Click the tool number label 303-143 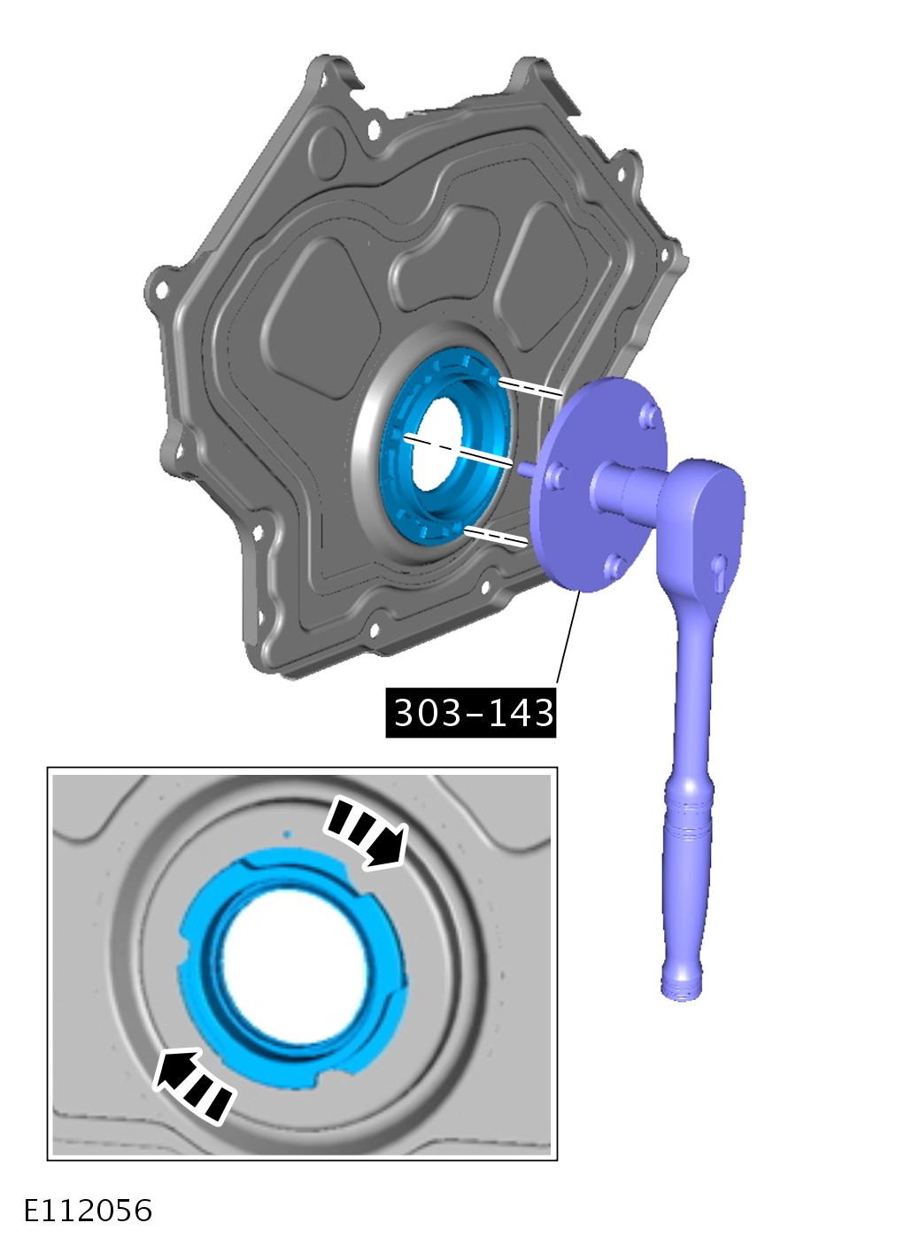tap(471, 713)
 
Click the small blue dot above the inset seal tap(287, 834)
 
